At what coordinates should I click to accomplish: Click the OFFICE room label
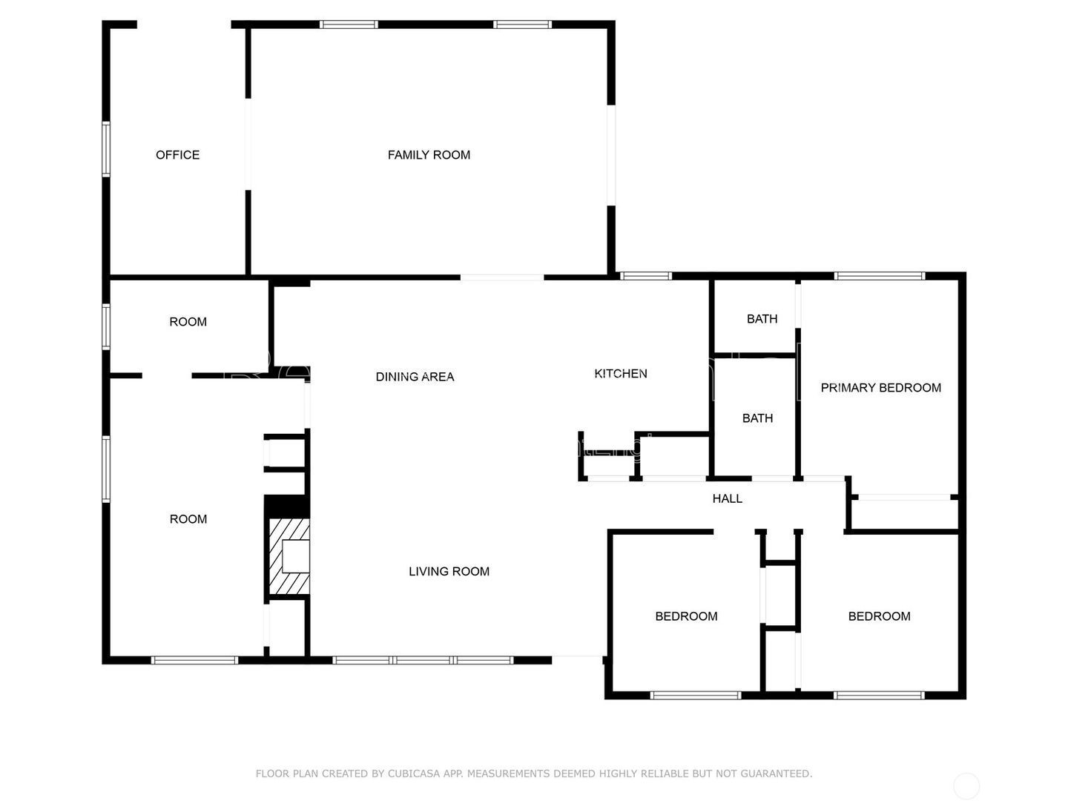click(x=177, y=155)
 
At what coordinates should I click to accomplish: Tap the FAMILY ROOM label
click(x=429, y=155)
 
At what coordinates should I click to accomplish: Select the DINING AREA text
click(x=415, y=377)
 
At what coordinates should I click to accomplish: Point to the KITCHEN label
click(x=621, y=374)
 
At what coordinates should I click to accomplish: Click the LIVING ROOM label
click(x=449, y=571)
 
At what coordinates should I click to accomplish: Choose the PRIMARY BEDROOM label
click(x=880, y=388)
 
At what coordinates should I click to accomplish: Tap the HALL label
click(x=727, y=498)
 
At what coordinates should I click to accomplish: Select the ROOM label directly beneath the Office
click(x=188, y=322)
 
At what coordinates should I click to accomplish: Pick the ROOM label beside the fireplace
click(x=188, y=519)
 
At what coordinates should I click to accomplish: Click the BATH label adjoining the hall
click(x=757, y=418)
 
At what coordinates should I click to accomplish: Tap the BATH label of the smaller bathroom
click(x=762, y=319)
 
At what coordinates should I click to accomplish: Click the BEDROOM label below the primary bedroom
click(x=879, y=616)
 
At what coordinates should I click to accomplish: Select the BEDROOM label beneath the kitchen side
click(x=686, y=616)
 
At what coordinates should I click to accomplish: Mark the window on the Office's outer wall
click(x=106, y=149)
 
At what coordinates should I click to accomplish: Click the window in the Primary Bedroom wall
click(x=880, y=277)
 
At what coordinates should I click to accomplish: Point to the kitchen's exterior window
click(x=645, y=277)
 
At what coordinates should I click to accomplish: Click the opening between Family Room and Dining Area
click(x=502, y=277)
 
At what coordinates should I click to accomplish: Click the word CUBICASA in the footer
click(x=415, y=774)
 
